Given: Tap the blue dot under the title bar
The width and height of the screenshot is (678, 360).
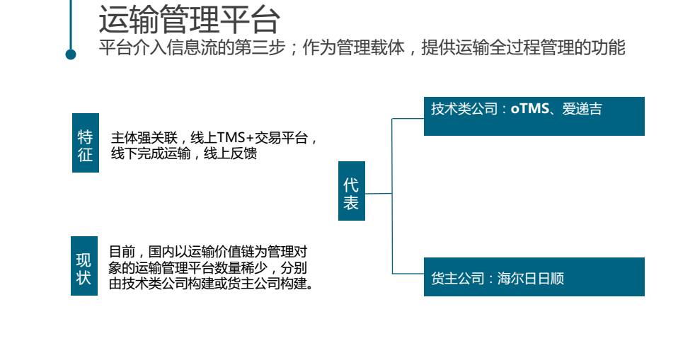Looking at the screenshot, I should [71, 54].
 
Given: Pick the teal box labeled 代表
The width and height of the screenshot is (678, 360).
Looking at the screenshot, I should [351, 194].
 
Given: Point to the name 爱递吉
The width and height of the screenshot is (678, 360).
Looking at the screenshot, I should [582, 110].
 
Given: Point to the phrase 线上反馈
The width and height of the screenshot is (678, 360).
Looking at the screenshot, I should [234, 153].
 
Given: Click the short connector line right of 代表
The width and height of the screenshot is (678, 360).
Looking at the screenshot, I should [378, 193].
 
